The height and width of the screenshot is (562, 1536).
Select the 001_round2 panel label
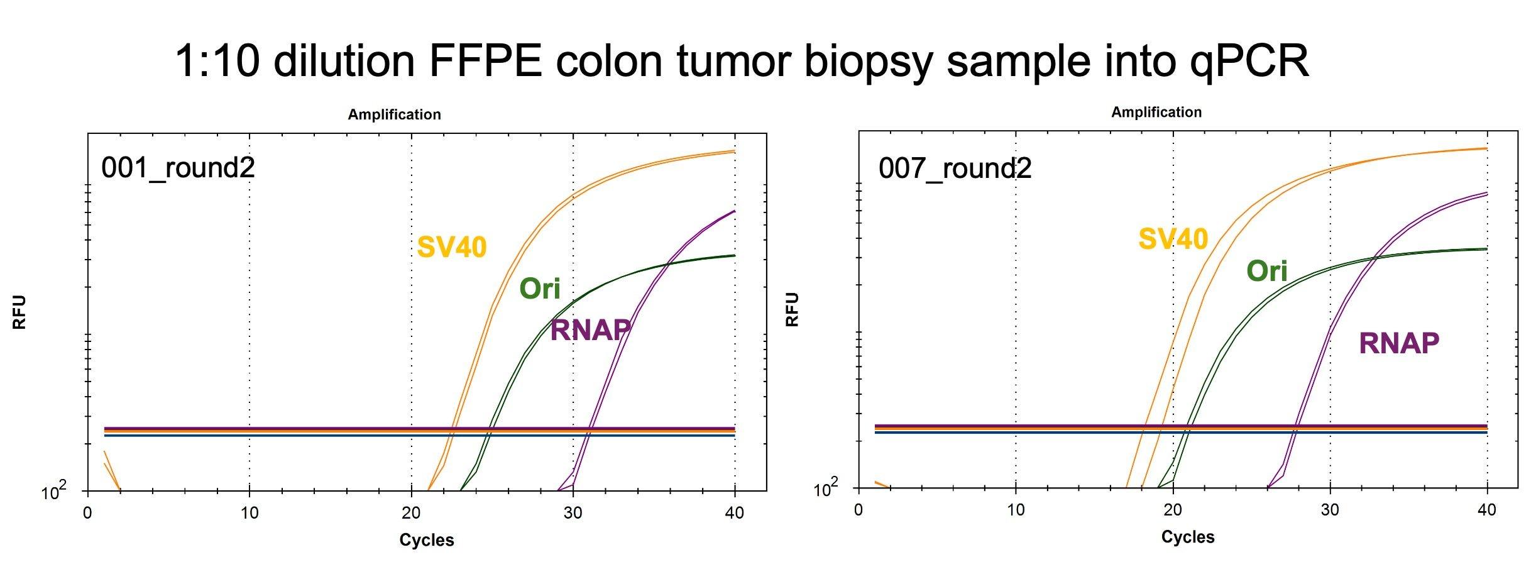pos(178,168)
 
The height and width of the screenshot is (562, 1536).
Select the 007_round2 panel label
pos(955,168)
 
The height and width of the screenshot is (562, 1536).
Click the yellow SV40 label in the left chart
pos(452,247)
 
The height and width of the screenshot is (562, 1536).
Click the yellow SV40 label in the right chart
pos(1173,239)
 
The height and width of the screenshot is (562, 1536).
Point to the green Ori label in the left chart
pos(540,289)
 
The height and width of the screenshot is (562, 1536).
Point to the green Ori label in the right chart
pos(1267,271)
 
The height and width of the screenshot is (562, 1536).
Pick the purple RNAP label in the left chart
pos(591,330)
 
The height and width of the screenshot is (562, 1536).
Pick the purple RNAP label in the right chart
pos(1399,343)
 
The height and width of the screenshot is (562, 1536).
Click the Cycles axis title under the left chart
pos(427,540)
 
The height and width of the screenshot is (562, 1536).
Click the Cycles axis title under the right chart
pos(1188,537)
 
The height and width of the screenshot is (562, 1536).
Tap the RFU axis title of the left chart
pos(19,312)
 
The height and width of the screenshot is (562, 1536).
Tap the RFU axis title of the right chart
pos(793,309)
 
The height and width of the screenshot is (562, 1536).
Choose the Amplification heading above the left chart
pos(395,114)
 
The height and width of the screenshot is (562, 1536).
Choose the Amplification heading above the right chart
pos(1156,112)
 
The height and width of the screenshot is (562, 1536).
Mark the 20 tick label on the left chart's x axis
pos(411,513)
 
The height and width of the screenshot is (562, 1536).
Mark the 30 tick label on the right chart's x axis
pos(1330,510)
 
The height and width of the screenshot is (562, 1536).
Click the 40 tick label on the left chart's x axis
pos(735,513)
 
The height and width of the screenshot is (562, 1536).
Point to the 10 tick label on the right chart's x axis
pos(1016,510)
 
